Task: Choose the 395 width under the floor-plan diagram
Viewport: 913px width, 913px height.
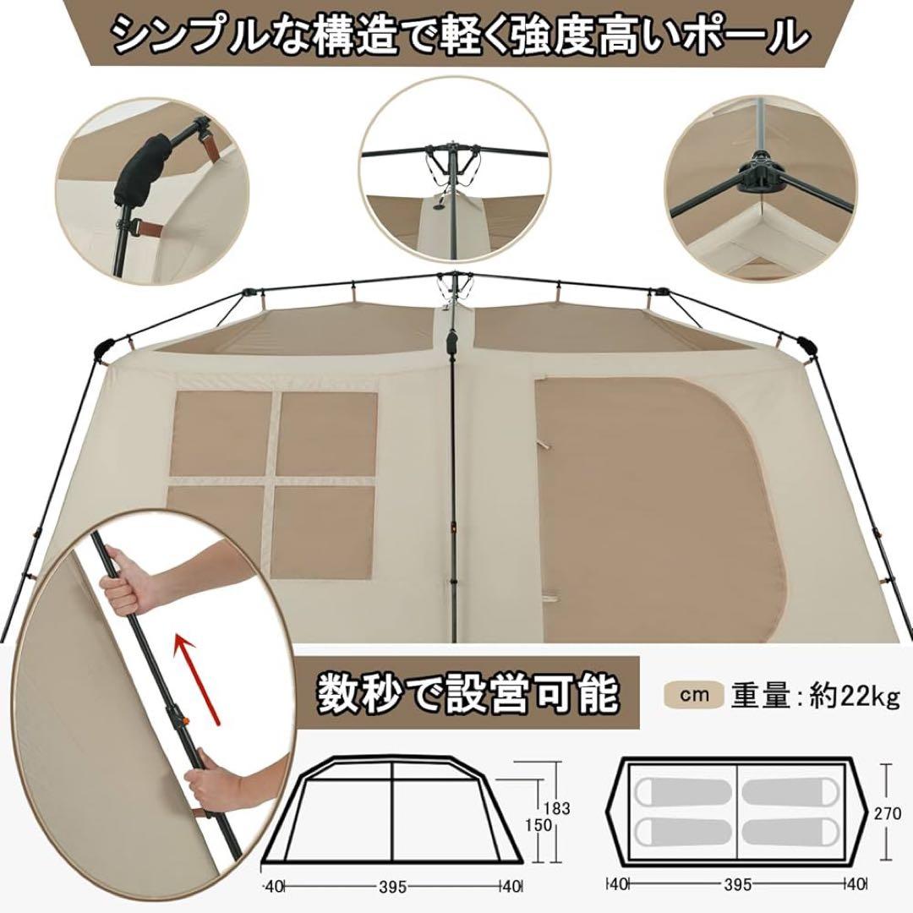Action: (x=740, y=887)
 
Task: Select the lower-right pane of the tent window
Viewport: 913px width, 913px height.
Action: (x=325, y=524)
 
